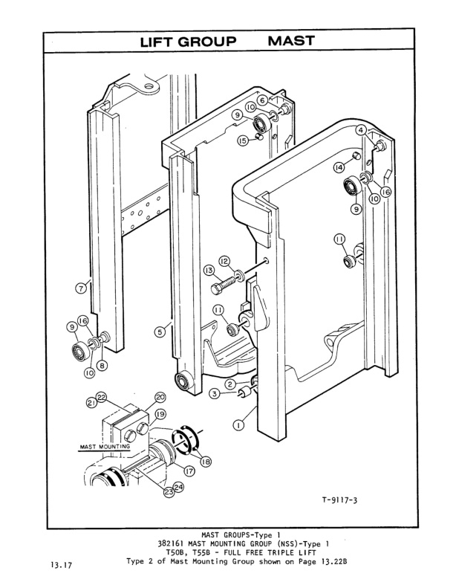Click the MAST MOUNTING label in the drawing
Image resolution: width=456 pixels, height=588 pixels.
103,447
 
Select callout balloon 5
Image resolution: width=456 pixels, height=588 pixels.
158,332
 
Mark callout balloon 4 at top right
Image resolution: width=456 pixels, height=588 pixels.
360,129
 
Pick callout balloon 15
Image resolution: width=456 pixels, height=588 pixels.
242,140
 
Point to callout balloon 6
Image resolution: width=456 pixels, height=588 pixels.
262,100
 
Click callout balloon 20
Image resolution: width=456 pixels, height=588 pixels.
160,397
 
